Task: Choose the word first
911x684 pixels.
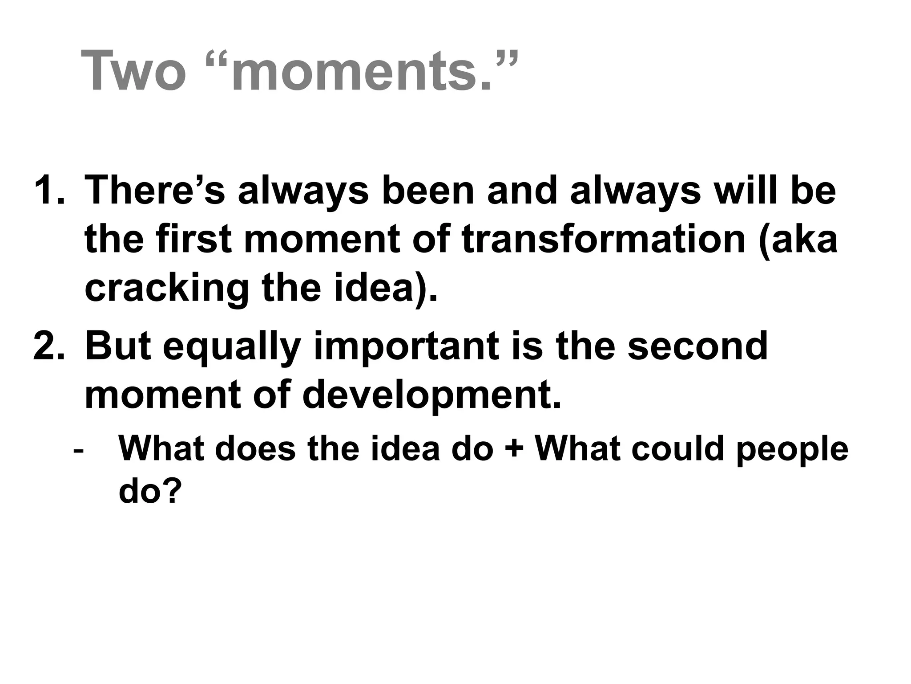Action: coord(195,240)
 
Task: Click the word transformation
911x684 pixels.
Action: coord(604,240)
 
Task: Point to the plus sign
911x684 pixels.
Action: coord(514,449)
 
